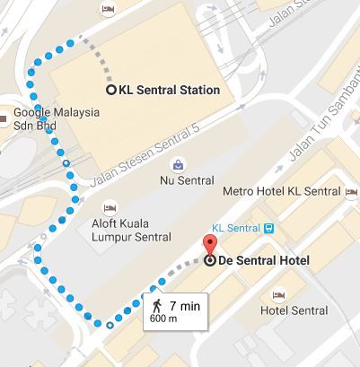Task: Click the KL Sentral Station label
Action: (170, 90)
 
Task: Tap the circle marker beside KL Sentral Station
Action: (111, 90)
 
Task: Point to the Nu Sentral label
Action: (178, 179)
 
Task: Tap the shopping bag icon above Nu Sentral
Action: (178, 165)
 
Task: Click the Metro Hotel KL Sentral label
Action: (281, 192)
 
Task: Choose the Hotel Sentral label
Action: (294, 310)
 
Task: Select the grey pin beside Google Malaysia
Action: (5, 115)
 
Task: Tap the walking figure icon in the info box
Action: (159, 306)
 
